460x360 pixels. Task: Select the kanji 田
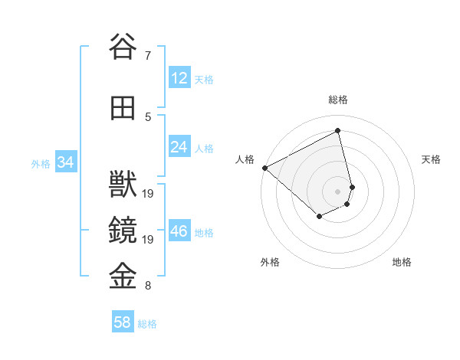(123, 108)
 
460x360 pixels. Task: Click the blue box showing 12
(179, 78)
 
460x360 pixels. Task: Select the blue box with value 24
(179, 147)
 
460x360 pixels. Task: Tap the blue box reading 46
(179, 231)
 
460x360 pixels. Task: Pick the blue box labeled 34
(66, 162)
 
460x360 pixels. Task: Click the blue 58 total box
(123, 322)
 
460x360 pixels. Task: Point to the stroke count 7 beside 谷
(147, 56)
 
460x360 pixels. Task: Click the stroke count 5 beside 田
(147, 117)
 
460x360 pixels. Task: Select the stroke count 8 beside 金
(147, 286)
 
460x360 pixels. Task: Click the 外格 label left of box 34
(41, 163)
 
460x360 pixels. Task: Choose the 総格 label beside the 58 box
(147, 324)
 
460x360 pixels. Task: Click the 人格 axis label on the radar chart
(245, 159)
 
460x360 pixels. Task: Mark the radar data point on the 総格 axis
(338, 131)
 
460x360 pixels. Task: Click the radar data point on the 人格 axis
(264, 167)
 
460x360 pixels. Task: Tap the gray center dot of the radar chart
(337, 191)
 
